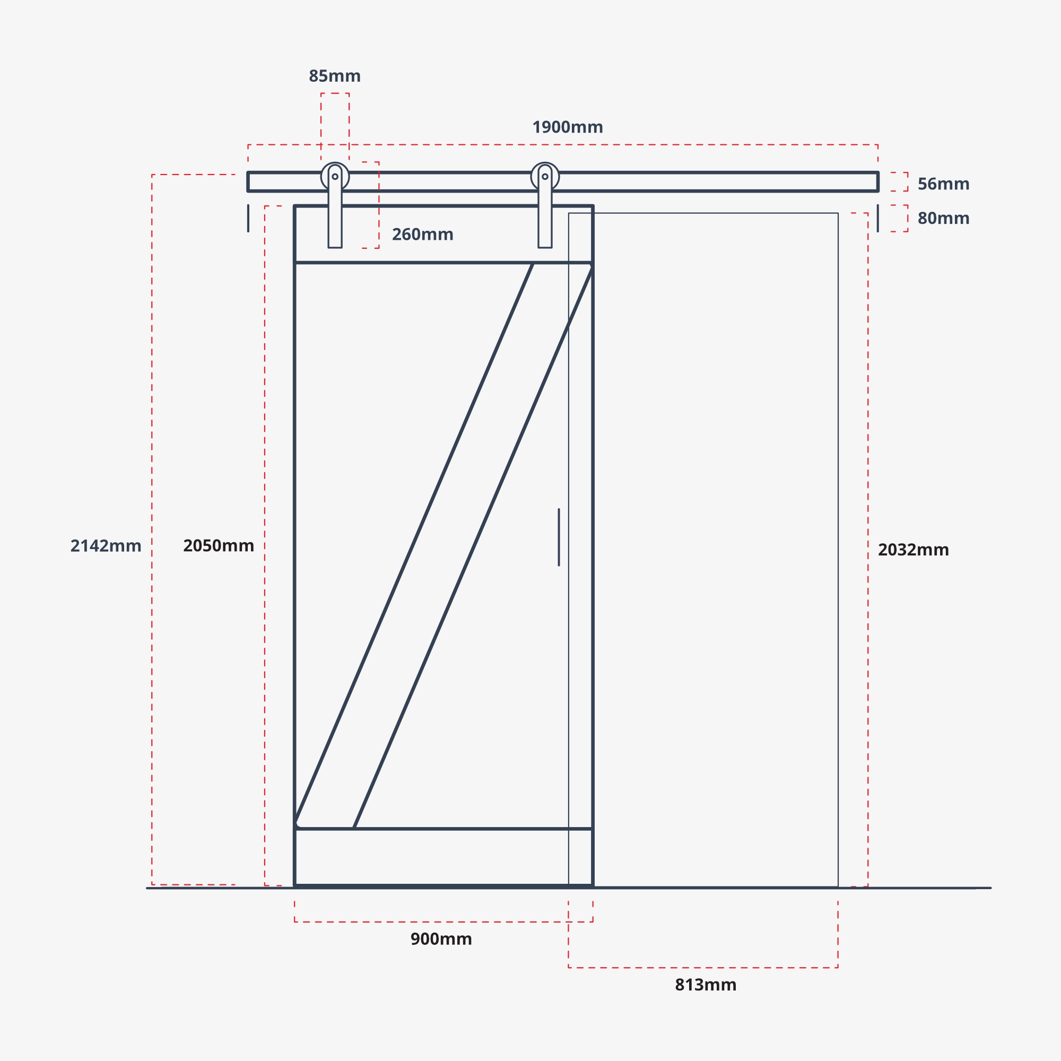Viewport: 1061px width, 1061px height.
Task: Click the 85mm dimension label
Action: pos(334,76)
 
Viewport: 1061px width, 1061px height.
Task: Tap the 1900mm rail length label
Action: pos(567,127)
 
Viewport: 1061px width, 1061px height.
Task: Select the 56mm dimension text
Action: pos(943,184)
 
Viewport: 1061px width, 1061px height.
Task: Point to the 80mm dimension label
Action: pos(943,219)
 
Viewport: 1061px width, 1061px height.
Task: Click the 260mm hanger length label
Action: pos(422,234)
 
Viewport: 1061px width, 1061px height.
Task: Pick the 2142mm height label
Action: pos(106,546)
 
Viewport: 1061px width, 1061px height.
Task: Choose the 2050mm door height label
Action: pos(218,546)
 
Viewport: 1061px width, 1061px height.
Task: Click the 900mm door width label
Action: pos(441,939)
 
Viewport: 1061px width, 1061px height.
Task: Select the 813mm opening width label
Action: pos(705,985)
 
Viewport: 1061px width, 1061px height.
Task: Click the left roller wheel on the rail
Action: pos(335,176)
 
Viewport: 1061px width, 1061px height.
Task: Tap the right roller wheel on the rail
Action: pos(545,176)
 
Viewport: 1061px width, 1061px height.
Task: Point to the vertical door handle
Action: pos(559,537)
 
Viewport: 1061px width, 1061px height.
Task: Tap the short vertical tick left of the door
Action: pos(248,218)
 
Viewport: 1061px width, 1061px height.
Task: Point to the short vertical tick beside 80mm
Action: pos(877,218)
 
